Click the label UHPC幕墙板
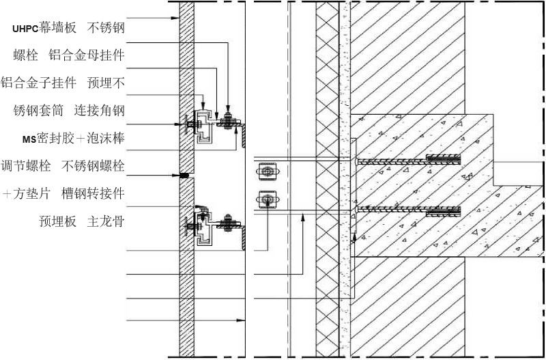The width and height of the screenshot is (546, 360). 44,28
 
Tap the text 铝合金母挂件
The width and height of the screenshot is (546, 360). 87,55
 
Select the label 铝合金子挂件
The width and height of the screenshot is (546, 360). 38,83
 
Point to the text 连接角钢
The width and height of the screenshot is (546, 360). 99,111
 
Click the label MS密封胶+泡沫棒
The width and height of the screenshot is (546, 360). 74,139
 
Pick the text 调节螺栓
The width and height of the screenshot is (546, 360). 26,165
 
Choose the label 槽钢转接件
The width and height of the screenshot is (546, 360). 93,193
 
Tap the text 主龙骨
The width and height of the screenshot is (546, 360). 106,221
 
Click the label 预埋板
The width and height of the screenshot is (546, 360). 57,221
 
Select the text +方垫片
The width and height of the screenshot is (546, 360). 27,193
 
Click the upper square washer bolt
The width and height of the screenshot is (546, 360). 267,171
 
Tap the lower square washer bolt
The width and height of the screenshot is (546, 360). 267,199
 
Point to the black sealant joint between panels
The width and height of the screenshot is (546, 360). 184,176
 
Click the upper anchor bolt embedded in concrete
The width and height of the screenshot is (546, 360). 408,160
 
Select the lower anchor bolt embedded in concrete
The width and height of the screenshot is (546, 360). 408,210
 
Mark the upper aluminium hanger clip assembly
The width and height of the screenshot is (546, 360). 201,126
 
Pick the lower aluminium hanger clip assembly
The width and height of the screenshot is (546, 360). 201,227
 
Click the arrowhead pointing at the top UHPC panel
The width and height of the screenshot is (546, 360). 176,18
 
